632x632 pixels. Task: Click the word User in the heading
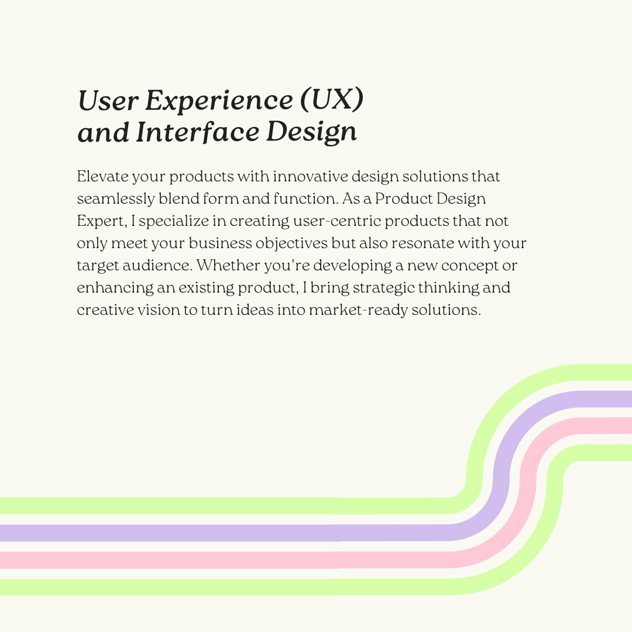[108, 100]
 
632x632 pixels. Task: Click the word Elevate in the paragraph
[102, 176]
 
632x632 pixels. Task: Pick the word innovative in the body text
[310, 176]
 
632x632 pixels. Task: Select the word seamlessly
[116, 199]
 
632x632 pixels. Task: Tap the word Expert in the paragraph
[102, 221]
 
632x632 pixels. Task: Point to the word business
[220, 243]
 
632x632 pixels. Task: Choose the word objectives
[291, 243]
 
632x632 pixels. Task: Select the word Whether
[228, 265]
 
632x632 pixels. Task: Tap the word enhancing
[115, 288]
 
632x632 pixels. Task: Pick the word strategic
[383, 288]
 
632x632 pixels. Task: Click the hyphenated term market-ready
[358, 310]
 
